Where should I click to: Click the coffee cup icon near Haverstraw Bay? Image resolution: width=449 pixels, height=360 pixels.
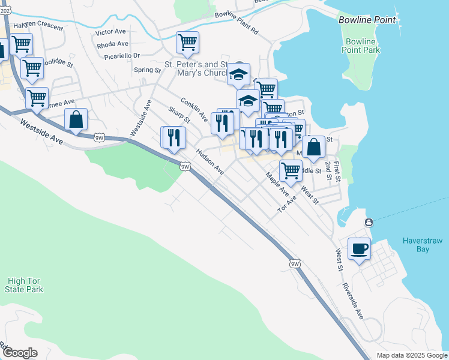(359, 248)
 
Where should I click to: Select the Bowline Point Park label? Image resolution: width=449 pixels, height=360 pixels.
(363, 46)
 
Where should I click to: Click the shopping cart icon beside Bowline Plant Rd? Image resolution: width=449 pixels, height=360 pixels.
(187, 42)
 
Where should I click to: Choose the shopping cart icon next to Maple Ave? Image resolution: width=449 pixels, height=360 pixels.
(291, 170)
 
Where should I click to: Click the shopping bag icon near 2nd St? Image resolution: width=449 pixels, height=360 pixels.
(313, 146)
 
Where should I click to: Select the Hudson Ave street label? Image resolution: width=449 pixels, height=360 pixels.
(210, 163)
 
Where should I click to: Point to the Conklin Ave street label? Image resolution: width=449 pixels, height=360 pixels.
(194, 108)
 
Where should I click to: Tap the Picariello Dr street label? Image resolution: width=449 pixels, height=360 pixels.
(120, 55)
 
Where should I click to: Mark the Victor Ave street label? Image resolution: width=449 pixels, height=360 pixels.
(112, 31)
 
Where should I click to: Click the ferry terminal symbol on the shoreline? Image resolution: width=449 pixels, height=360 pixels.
(367, 223)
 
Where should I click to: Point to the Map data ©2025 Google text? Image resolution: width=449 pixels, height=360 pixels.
(411, 355)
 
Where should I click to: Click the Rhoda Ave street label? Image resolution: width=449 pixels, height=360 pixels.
(112, 44)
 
